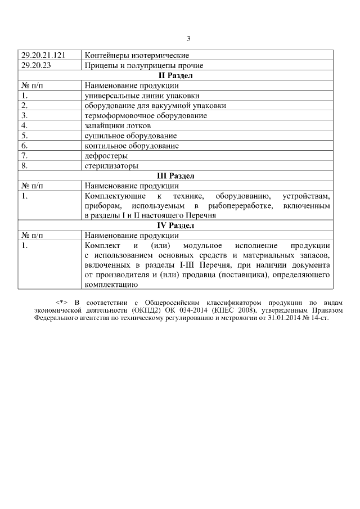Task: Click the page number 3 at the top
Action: [188, 39]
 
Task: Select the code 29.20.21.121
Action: [43, 56]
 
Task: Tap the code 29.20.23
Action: [37, 65]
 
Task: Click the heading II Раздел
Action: [175, 75]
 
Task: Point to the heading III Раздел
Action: [175, 176]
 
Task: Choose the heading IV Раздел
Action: [175, 226]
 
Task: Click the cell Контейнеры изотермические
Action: [136, 56]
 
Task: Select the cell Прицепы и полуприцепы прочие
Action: [143, 65]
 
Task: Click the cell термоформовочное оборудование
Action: [146, 115]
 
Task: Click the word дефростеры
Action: [106, 156]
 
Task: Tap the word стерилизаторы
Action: [111, 166]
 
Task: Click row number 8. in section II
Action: [25, 166]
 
